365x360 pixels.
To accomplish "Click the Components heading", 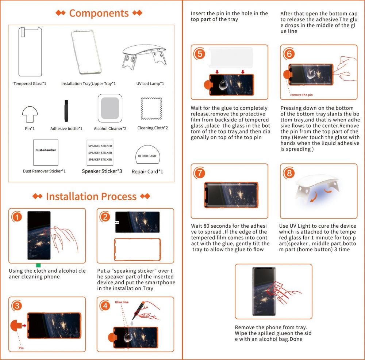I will coord(99,14).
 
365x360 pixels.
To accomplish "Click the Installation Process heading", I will coord(91,197).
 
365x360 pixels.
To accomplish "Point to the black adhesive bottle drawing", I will coord(66,110).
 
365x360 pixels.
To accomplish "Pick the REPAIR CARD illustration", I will coord(147,156).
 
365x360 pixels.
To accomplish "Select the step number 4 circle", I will coord(105,306).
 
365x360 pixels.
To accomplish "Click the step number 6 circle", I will coord(289,54).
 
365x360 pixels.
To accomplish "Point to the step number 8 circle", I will coord(289,173).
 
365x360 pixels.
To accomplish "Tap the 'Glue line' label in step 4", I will coord(122,302).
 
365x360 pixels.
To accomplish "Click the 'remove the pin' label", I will coord(301,95).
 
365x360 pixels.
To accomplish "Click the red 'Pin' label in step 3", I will coord(21,348).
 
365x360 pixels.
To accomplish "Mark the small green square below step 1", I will coord(38,265).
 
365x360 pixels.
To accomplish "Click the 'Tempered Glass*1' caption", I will coord(30,84).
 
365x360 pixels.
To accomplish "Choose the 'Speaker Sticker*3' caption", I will coord(102,171).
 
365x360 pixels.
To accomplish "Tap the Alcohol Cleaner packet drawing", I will coord(110,109).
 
